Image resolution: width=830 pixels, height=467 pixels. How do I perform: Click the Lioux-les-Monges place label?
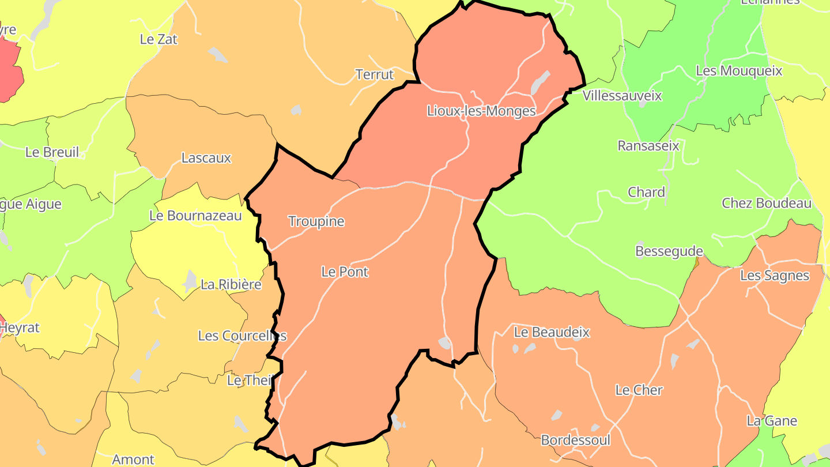click(x=481, y=111)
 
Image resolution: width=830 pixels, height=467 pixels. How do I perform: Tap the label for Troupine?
click(x=316, y=221)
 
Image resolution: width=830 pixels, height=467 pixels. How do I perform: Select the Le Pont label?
click(x=345, y=272)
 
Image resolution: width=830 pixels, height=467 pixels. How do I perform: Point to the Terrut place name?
click(x=375, y=74)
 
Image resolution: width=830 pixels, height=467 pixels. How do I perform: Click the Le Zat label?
click(x=159, y=39)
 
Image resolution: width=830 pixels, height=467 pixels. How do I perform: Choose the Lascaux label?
click(x=206, y=158)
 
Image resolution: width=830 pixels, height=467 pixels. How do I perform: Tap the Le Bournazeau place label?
click(x=195, y=216)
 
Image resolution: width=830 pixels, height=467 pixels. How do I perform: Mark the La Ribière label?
click(x=231, y=284)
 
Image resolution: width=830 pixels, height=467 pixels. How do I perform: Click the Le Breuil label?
click(x=52, y=152)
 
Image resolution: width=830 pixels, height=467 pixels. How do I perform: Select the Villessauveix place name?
click(x=622, y=96)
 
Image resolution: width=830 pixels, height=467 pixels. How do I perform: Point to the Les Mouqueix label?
click(x=739, y=71)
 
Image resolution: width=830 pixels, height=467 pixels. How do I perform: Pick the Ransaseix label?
click(x=648, y=146)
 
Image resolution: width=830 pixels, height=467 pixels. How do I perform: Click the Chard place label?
click(x=646, y=193)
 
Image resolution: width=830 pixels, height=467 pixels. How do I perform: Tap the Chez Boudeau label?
click(x=767, y=203)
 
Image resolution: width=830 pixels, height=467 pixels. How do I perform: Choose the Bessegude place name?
click(x=669, y=251)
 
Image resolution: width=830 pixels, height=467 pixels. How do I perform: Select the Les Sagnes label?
click(x=775, y=276)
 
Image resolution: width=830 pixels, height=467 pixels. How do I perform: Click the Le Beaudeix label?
click(x=552, y=332)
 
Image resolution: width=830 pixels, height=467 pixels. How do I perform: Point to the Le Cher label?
click(x=639, y=390)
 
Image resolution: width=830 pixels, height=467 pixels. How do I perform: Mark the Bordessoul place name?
click(x=575, y=440)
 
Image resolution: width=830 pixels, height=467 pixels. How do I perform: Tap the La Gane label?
click(x=772, y=421)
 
